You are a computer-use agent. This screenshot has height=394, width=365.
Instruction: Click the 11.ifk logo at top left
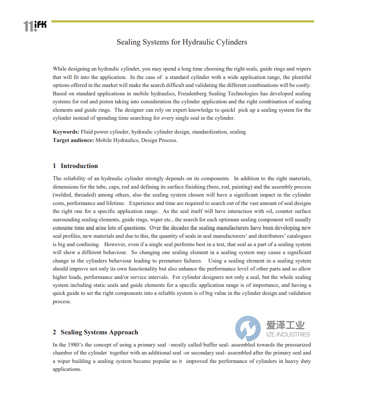click(x=35, y=26)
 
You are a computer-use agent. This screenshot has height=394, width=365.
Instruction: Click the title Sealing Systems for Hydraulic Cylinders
click(x=182, y=42)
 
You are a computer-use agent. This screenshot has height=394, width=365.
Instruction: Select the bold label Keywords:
click(x=66, y=132)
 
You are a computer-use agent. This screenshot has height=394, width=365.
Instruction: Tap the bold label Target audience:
click(x=73, y=140)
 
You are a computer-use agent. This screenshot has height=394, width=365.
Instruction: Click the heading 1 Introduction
click(x=75, y=166)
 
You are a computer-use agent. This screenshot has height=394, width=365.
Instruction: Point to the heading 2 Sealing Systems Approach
click(x=95, y=332)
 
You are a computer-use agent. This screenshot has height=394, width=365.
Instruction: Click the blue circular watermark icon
click(x=248, y=328)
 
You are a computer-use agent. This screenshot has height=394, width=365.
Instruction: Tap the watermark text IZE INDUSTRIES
click(x=288, y=335)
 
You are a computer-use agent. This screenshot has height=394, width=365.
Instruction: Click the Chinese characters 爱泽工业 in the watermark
click(x=286, y=325)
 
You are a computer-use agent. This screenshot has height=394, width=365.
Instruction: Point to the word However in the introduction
click(x=116, y=244)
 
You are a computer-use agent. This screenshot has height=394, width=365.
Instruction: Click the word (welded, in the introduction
click(x=63, y=195)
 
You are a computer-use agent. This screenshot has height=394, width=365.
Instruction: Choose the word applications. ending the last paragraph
click(x=67, y=369)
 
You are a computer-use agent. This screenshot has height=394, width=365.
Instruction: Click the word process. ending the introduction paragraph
click(x=62, y=302)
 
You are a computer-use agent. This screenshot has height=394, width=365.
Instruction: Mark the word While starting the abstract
click(x=60, y=69)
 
